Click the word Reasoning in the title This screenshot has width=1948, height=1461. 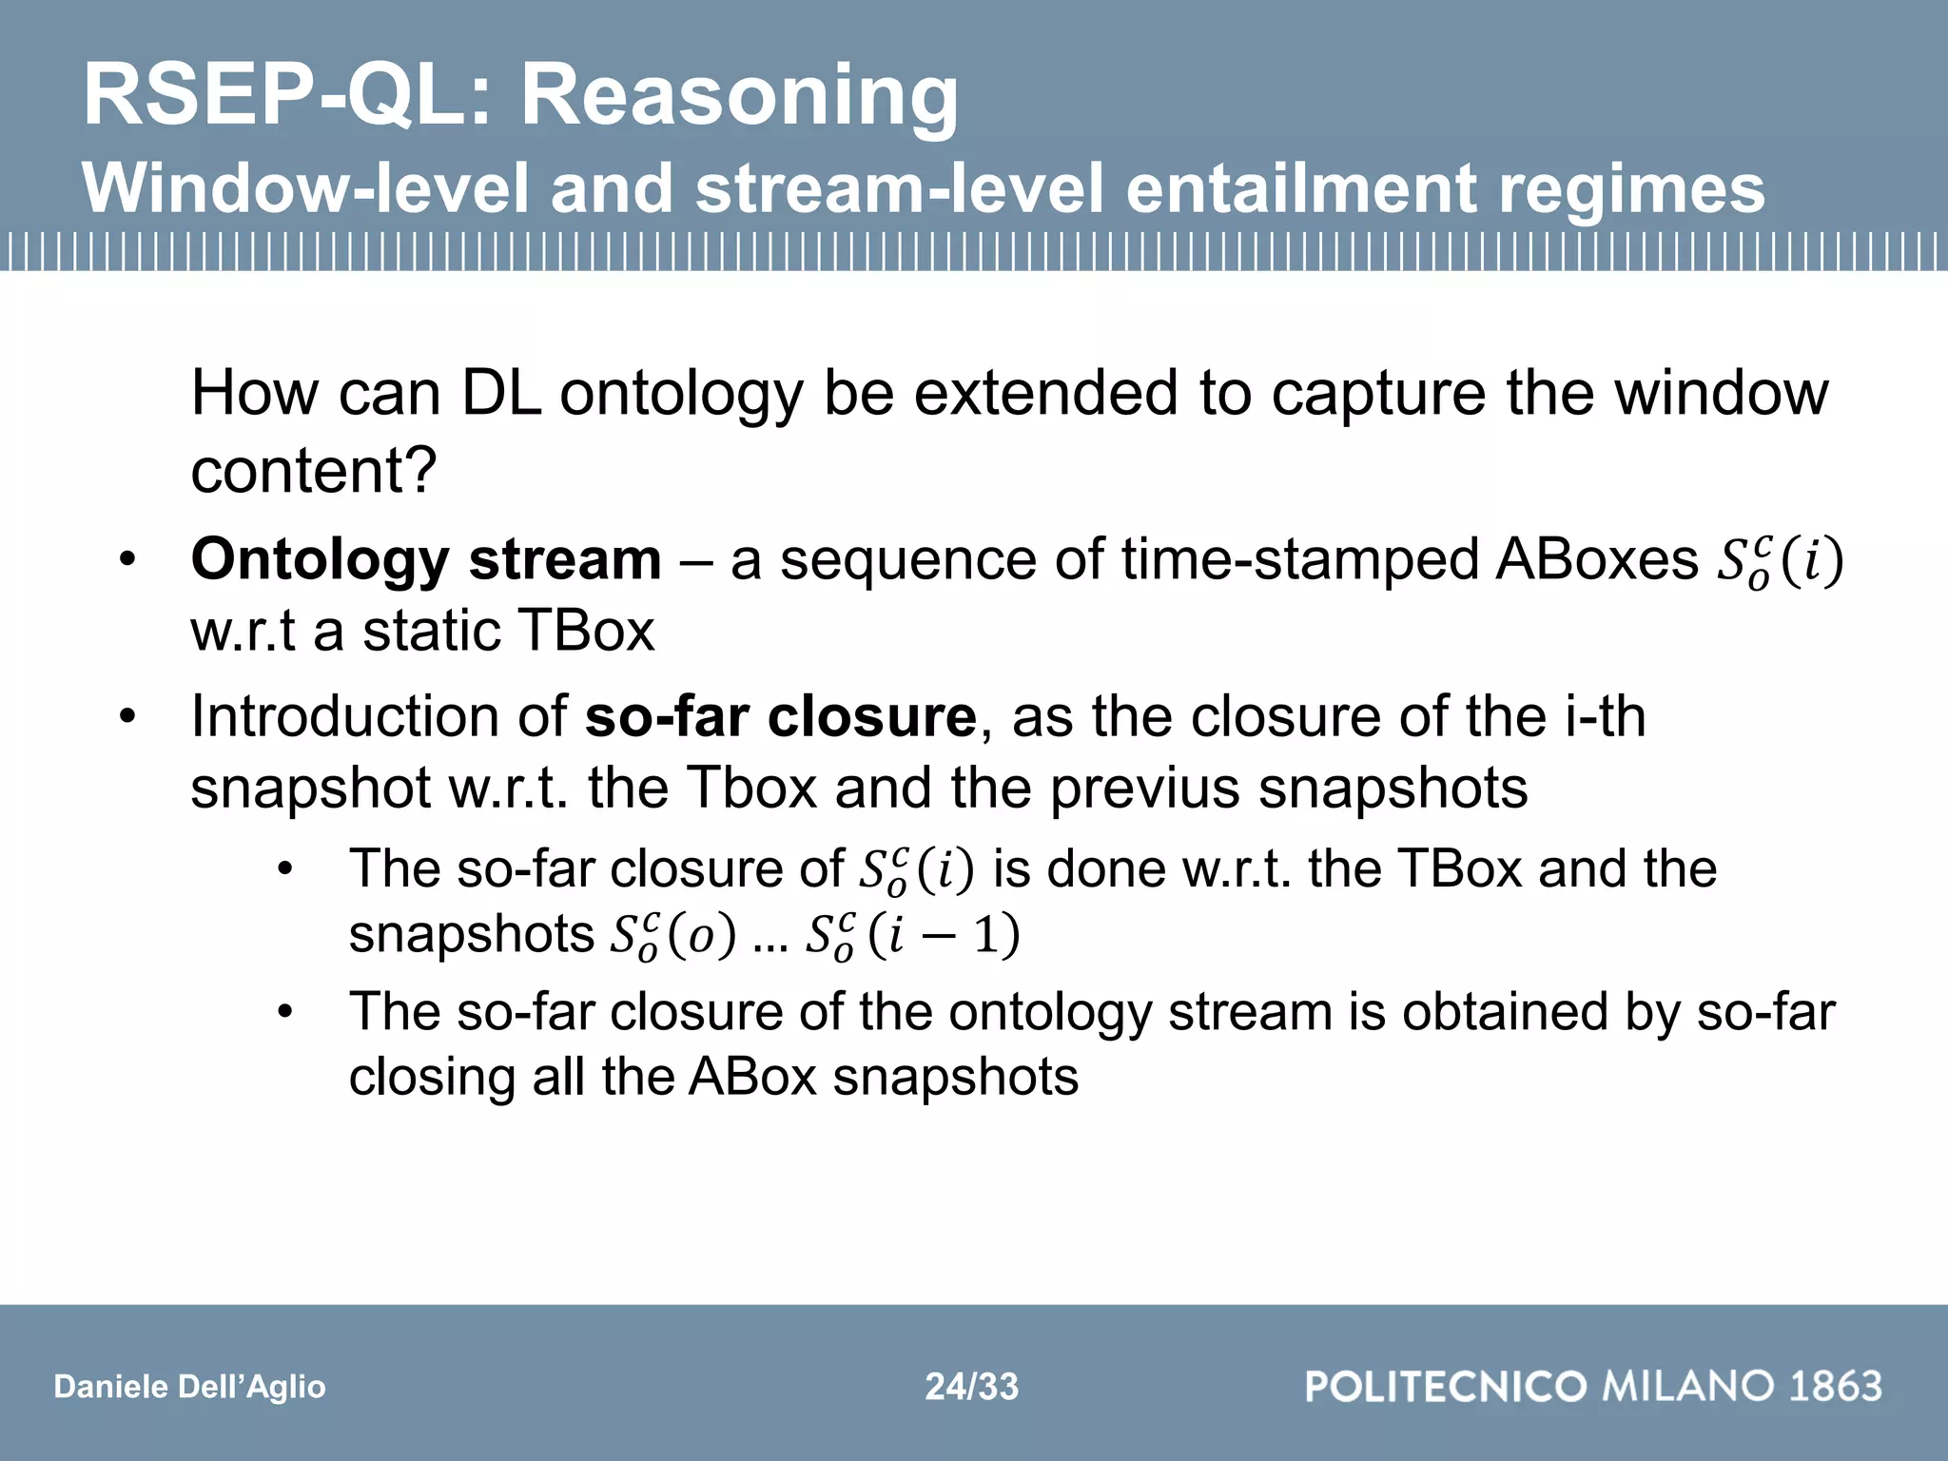(x=739, y=95)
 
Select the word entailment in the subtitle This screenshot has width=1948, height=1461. (x=1299, y=187)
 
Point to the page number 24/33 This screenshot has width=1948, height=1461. (x=972, y=1386)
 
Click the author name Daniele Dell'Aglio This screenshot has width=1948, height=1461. (x=190, y=1386)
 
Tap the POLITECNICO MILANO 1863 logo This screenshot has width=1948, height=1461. (x=1593, y=1386)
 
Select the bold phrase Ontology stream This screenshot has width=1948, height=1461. (x=426, y=559)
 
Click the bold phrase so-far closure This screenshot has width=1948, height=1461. (x=780, y=716)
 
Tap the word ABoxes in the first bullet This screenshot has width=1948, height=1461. (x=1597, y=559)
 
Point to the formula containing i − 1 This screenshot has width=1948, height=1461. (x=913, y=936)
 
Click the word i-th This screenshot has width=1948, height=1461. (x=1605, y=716)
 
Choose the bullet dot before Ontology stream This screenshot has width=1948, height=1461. (x=128, y=561)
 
